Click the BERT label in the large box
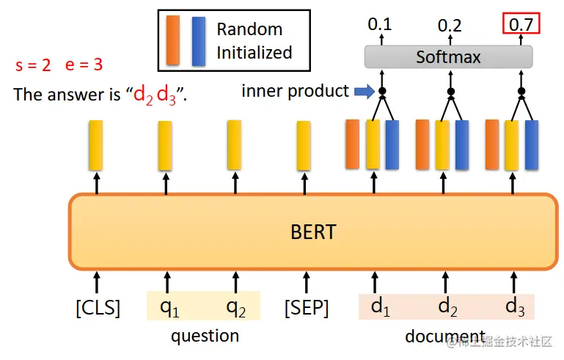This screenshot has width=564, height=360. pyautogui.click(x=312, y=232)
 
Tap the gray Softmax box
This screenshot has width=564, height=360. pyautogui.click(x=448, y=56)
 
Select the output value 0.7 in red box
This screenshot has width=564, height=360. pyautogui.click(x=521, y=24)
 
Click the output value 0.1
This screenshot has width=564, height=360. pyautogui.click(x=379, y=24)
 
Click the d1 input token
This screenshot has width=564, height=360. pyautogui.click(x=380, y=307)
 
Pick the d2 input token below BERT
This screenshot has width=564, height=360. pyautogui.click(x=447, y=307)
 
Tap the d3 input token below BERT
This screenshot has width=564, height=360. pyautogui.click(x=515, y=307)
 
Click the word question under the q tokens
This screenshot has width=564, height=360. pyautogui.click(x=205, y=336)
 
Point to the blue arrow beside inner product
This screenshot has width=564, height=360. pyautogui.click(x=365, y=92)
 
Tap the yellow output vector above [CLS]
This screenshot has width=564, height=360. pyautogui.click(x=96, y=145)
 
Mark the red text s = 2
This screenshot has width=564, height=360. pyautogui.click(x=33, y=65)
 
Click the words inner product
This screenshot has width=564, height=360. pyautogui.click(x=295, y=91)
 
